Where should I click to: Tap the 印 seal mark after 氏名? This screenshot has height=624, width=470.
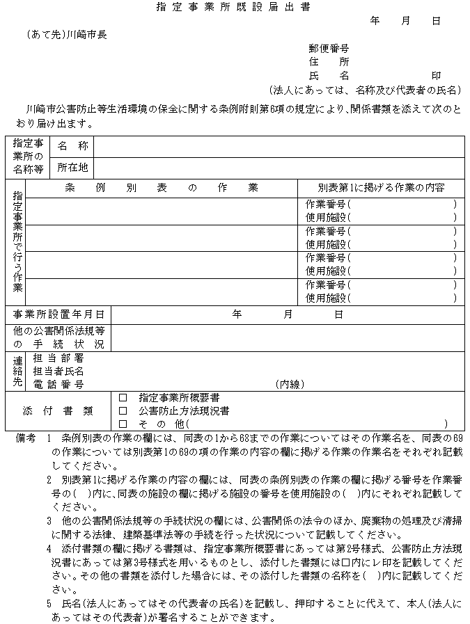[x=436, y=75]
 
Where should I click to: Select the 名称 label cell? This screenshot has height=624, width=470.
[x=72, y=147]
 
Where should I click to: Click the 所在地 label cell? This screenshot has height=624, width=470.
[x=72, y=168]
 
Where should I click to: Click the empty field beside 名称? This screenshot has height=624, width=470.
[x=279, y=147]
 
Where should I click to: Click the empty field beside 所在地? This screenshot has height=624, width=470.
[x=279, y=168]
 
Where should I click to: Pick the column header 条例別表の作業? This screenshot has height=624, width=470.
[x=162, y=188]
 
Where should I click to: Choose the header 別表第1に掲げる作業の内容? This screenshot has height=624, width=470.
[x=381, y=188]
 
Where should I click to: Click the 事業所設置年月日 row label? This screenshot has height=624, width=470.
[x=58, y=314]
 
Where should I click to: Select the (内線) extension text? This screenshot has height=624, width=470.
[x=290, y=384]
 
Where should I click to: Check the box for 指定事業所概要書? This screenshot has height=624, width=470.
[x=123, y=398]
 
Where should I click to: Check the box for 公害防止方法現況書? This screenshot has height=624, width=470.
[x=123, y=411]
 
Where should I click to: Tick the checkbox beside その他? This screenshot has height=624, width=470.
[x=123, y=424]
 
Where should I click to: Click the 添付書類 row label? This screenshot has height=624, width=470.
[x=58, y=411]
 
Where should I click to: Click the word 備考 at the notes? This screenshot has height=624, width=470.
[x=25, y=440]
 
